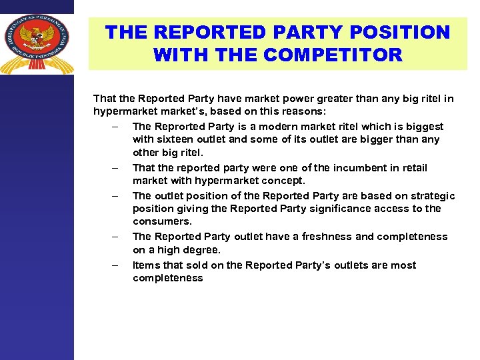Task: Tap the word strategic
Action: pyautogui.click(x=431, y=196)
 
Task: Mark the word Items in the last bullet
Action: pyautogui.click(x=146, y=265)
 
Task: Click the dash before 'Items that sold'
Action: pyautogui.click(x=116, y=265)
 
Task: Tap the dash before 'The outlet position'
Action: pyautogui.click(x=116, y=196)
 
